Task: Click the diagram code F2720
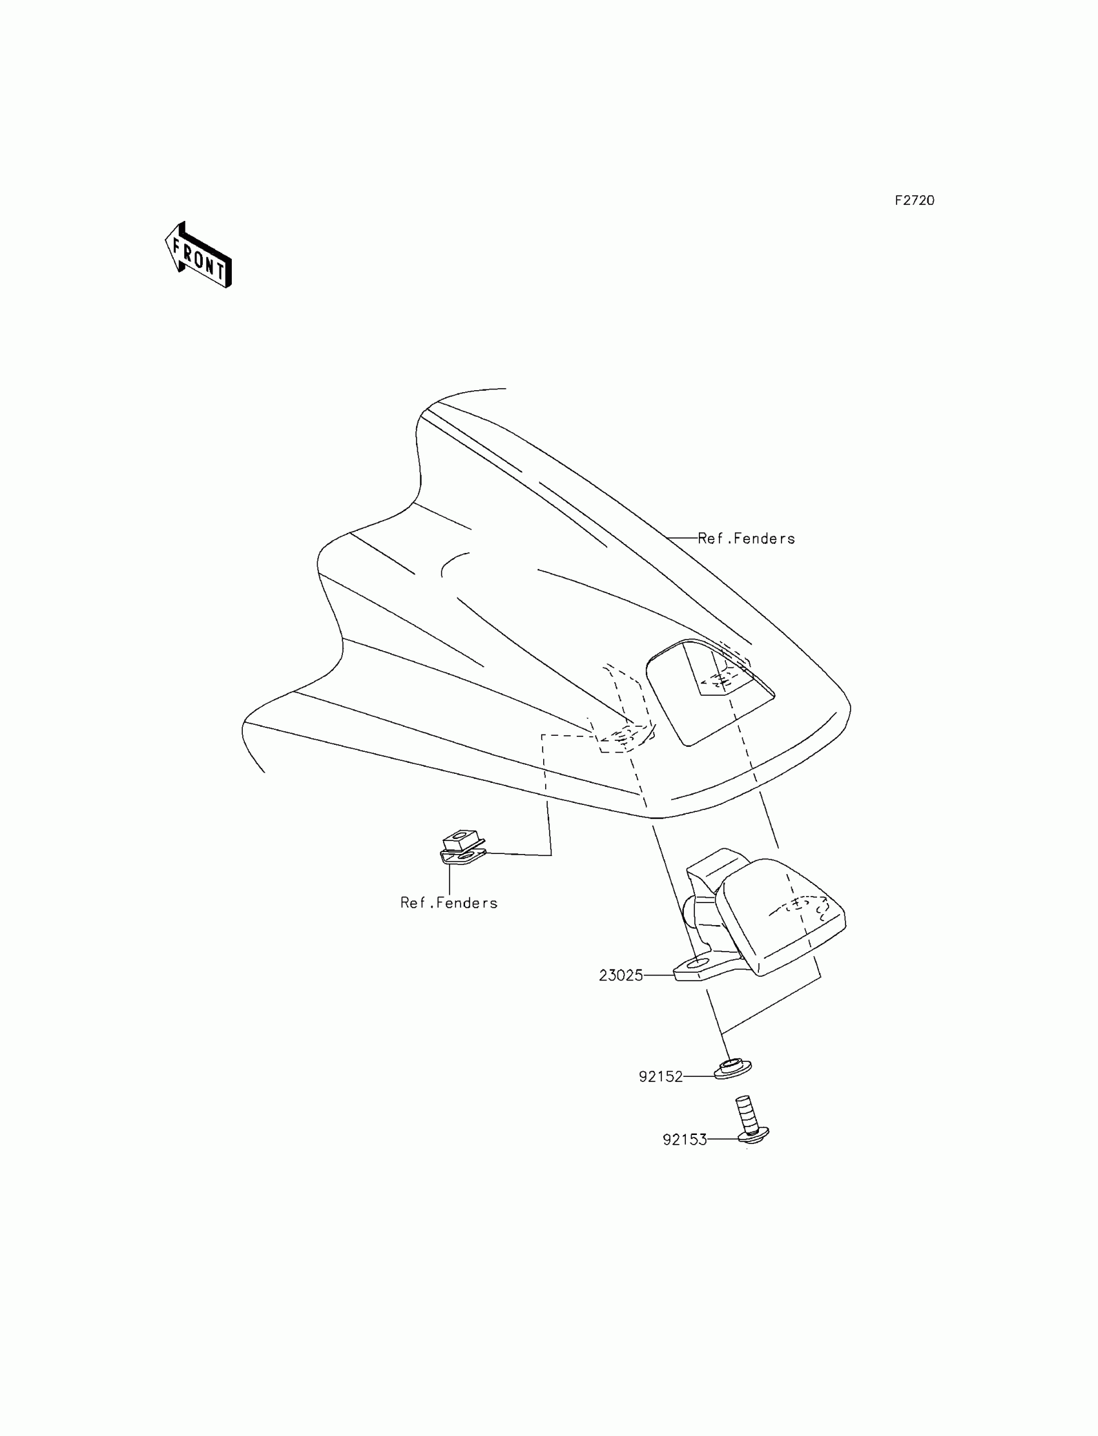[915, 201]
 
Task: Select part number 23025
[621, 976]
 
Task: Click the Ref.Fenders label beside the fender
[747, 539]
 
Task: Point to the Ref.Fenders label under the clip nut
[449, 902]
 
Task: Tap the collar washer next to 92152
[732, 1068]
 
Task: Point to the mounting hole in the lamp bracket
[698, 963]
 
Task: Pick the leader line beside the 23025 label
[659, 975]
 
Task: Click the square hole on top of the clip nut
[463, 835]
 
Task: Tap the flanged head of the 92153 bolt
[753, 1137]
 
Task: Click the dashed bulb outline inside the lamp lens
[808, 905]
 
